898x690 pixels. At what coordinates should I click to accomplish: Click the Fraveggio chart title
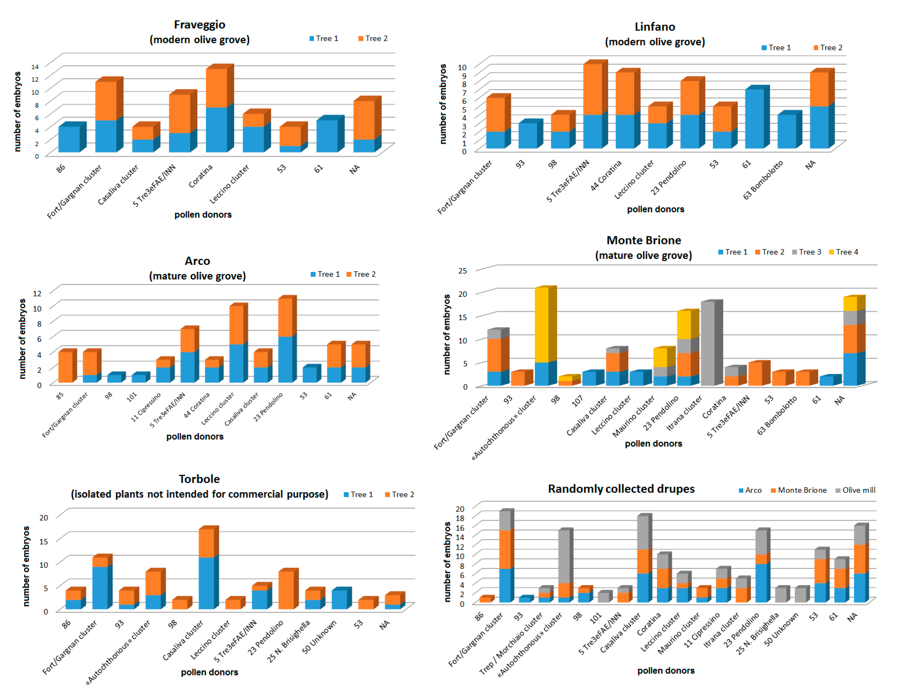pos(199,25)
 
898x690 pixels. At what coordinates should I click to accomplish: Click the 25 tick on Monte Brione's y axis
pos(463,271)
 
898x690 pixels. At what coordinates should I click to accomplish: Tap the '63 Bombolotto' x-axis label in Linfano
pos(763,180)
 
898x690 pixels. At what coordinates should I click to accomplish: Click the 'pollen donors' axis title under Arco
pos(195,437)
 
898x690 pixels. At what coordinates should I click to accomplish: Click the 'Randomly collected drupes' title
pos(621,489)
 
